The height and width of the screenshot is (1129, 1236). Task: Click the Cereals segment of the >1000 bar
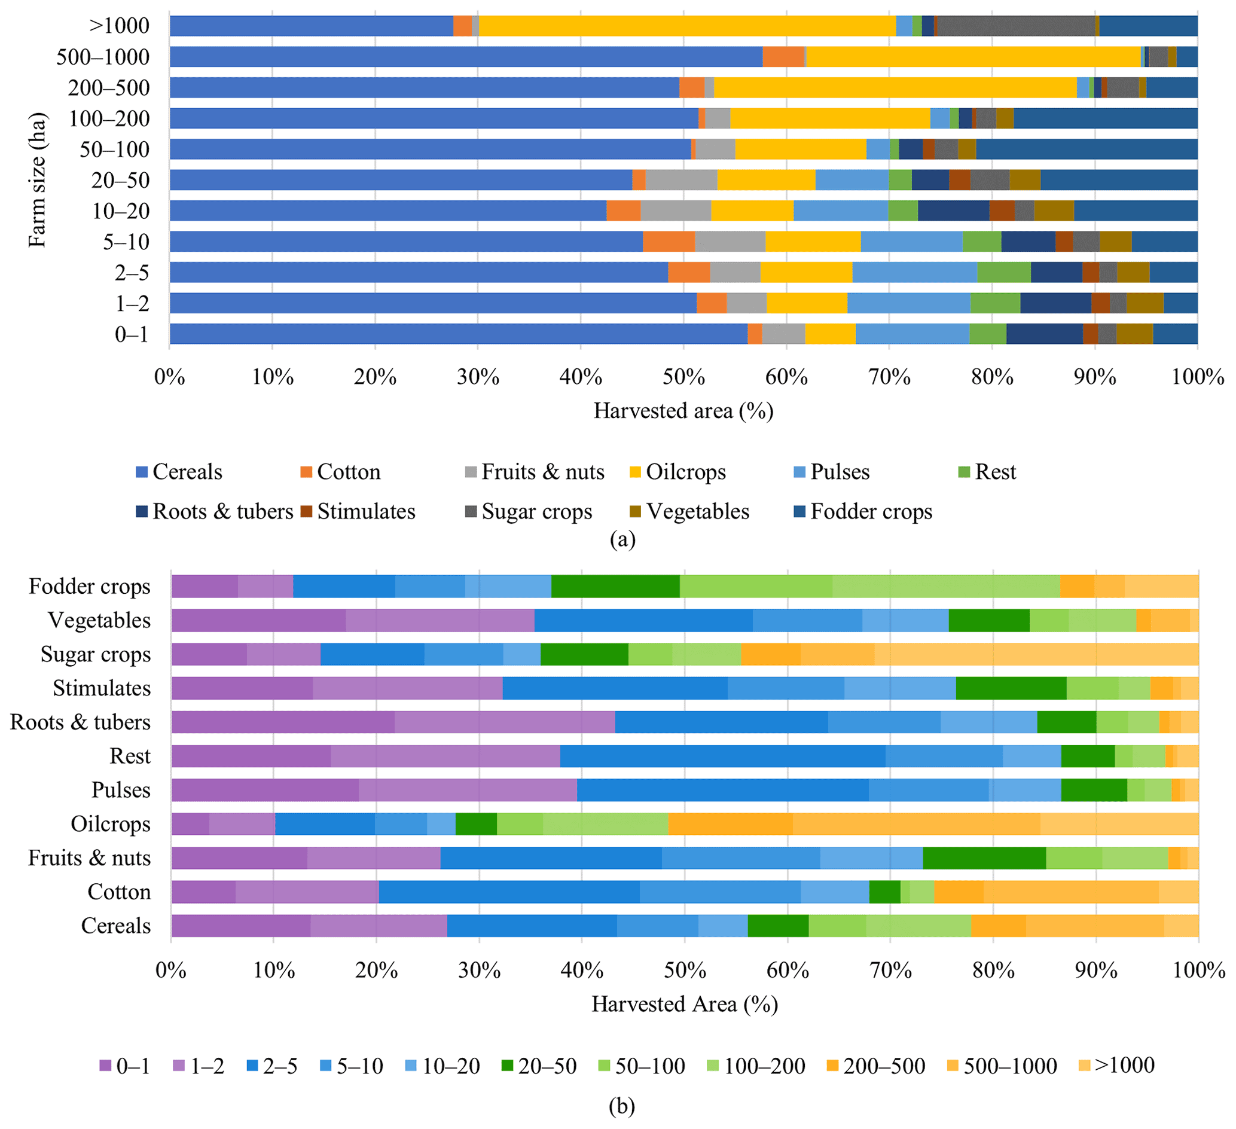[x=311, y=26]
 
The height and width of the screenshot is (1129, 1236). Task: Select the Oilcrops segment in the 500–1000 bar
[x=973, y=56]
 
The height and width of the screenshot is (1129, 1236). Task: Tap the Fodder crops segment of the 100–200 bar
[x=1106, y=118]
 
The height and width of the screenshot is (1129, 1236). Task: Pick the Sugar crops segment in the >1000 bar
[x=1016, y=26]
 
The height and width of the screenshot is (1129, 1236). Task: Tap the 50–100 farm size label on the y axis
[x=115, y=149]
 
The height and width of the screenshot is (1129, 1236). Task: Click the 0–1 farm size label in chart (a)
[x=132, y=334]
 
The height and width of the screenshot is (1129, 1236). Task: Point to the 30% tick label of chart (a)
[x=478, y=377]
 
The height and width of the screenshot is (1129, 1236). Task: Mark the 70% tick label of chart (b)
[x=890, y=970]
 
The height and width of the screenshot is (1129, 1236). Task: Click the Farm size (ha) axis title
[x=38, y=179]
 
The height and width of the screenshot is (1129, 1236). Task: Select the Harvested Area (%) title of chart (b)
[x=684, y=1004]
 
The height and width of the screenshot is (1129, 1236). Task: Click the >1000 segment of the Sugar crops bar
[x=1036, y=654]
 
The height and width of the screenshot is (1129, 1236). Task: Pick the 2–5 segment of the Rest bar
[x=722, y=756]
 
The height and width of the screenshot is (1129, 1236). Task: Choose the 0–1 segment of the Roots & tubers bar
[x=283, y=722]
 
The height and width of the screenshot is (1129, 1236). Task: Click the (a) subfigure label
[x=622, y=539]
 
